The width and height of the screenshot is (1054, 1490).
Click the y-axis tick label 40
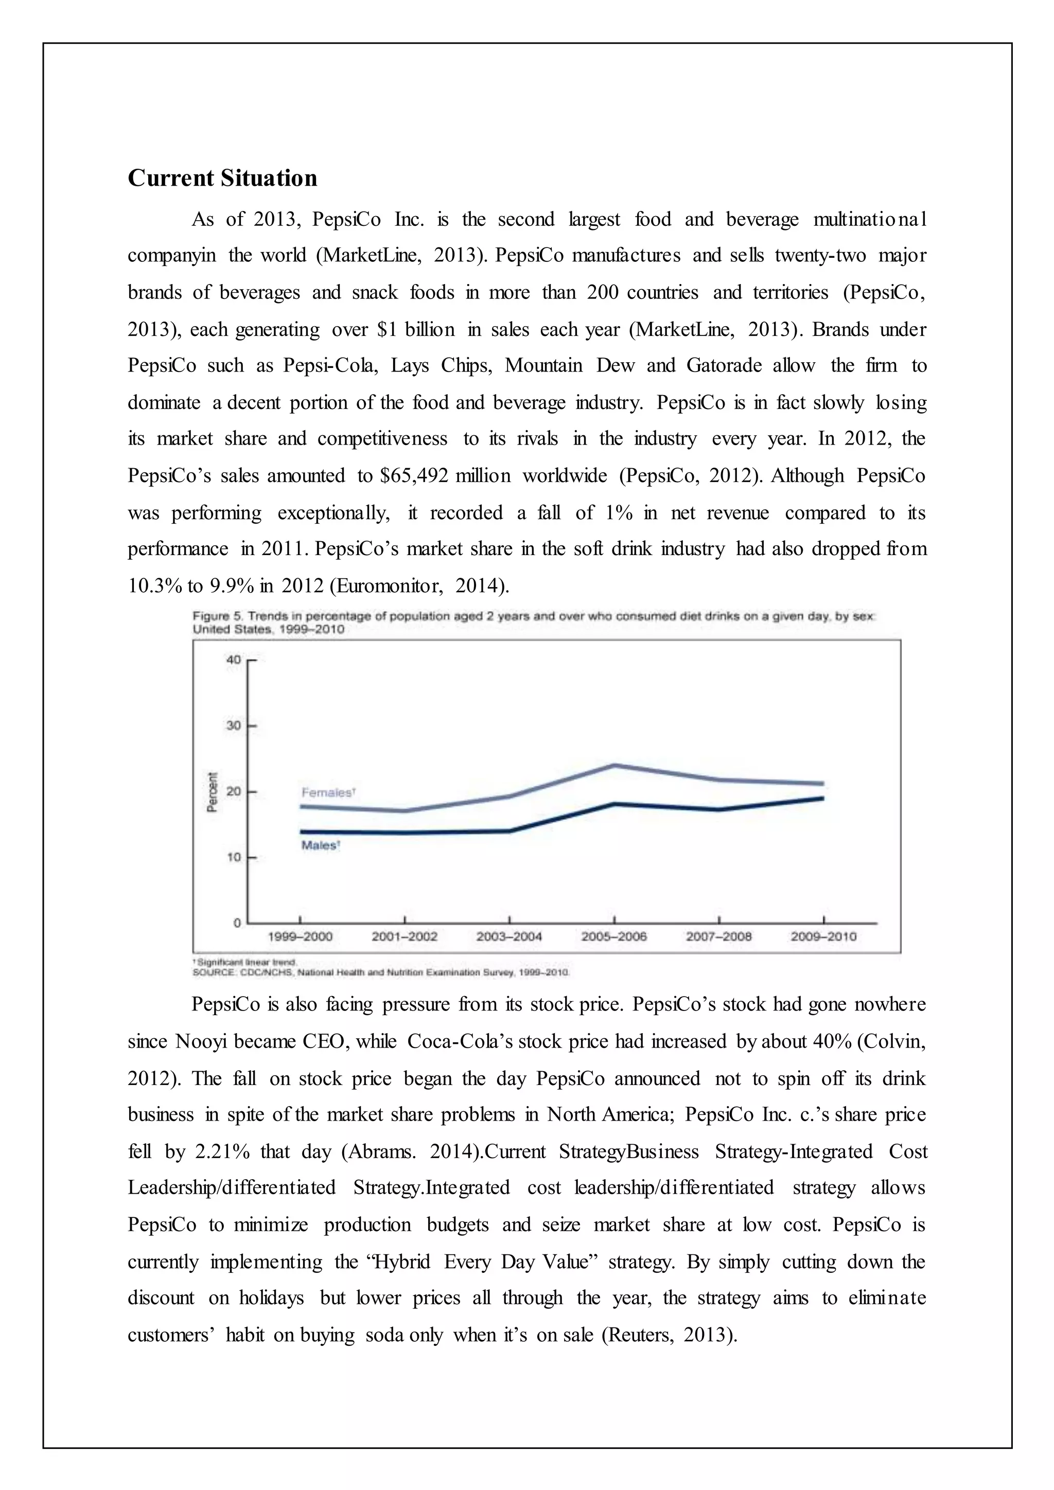234,660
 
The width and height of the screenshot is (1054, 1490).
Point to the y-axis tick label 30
234,725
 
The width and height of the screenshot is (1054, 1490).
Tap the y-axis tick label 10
234,857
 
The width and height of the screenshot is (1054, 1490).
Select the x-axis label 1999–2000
300,936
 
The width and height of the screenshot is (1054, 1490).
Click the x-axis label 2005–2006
614,936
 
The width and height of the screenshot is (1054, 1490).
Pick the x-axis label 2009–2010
823,936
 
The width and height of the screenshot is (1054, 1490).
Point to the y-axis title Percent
212,792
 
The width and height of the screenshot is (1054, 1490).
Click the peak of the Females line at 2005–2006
614,766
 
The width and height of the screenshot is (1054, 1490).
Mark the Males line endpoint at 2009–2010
822,798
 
